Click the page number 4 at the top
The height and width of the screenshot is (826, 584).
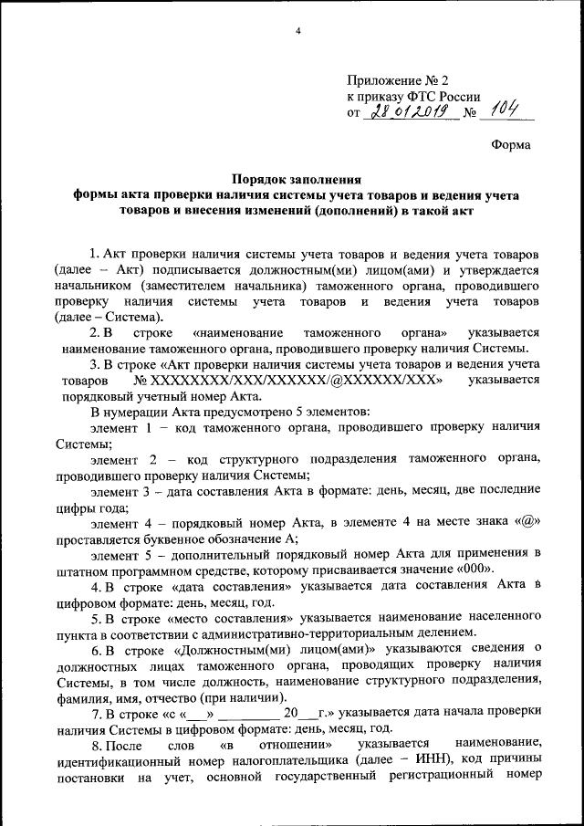pos(297,33)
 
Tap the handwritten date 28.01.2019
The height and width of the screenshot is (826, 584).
pos(408,112)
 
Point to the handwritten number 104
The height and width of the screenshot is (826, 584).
pos(503,110)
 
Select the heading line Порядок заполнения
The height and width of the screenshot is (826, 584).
pos(297,180)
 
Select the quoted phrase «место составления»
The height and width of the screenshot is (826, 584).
pos(224,617)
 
